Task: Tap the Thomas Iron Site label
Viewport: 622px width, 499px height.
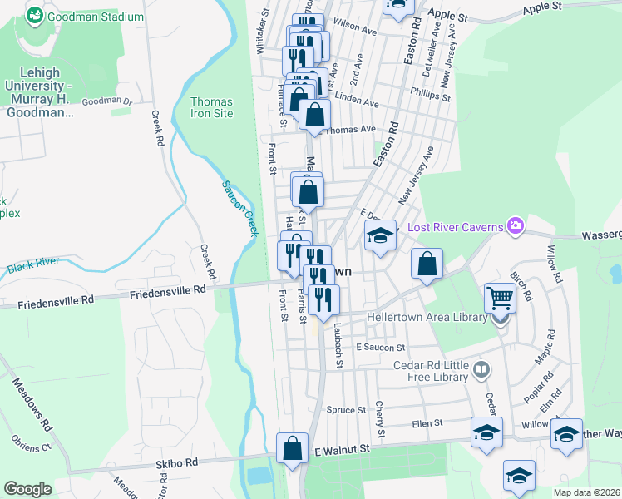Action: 211,107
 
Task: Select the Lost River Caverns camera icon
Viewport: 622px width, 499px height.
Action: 516,225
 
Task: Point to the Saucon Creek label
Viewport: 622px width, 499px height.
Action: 238,210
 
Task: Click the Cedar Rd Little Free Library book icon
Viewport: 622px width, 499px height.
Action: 481,368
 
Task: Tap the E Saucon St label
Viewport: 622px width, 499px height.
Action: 379,347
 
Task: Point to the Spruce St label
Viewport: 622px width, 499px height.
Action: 346,410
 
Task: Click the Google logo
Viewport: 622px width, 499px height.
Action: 27,489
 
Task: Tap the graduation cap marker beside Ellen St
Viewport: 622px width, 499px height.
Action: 486,432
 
